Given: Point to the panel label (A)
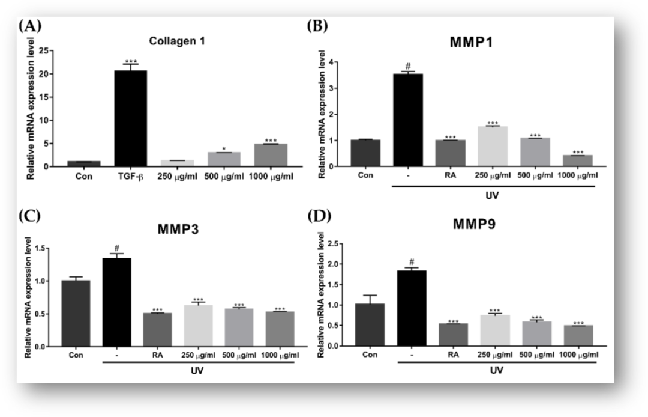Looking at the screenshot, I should point(30,26).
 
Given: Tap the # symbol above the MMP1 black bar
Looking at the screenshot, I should point(407,66).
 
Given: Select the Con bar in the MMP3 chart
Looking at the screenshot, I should point(76,313).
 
